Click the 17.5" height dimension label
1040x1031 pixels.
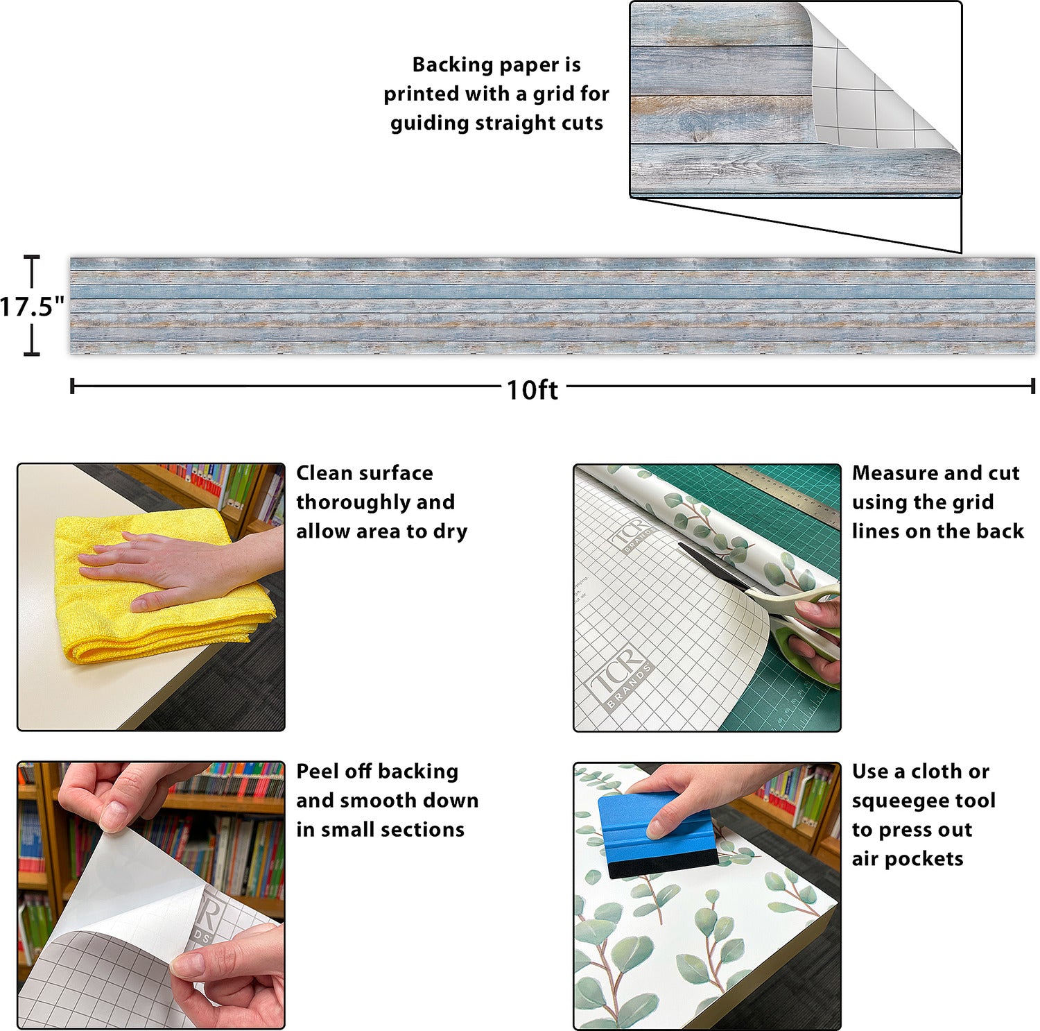(32, 306)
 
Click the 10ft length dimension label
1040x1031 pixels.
(532, 390)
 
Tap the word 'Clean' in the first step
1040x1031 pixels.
(324, 473)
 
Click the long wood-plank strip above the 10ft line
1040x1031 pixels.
(552, 305)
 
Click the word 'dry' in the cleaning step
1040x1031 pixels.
(450, 531)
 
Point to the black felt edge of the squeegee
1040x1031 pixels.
(662, 864)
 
